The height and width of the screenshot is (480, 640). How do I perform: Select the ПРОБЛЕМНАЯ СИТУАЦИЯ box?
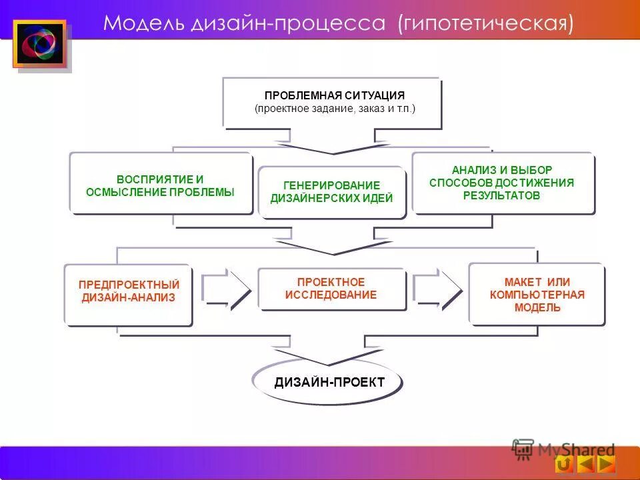(x=331, y=102)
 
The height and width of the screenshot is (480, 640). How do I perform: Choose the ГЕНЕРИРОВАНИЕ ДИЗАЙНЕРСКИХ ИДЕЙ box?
(x=331, y=192)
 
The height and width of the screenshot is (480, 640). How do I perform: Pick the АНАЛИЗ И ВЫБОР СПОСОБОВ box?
(x=502, y=183)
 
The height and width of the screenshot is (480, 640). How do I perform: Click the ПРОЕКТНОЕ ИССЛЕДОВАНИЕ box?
(x=331, y=289)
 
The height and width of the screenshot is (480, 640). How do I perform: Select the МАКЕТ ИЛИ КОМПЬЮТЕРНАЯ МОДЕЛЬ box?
(x=537, y=293)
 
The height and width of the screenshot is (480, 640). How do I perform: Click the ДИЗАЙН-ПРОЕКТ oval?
(x=329, y=382)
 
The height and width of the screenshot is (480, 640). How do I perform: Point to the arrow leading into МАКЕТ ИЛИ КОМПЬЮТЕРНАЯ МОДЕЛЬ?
(x=437, y=289)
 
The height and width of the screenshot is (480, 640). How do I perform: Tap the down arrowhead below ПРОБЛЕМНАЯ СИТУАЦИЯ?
(x=333, y=149)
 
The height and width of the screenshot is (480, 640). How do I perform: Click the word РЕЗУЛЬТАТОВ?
(x=501, y=196)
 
